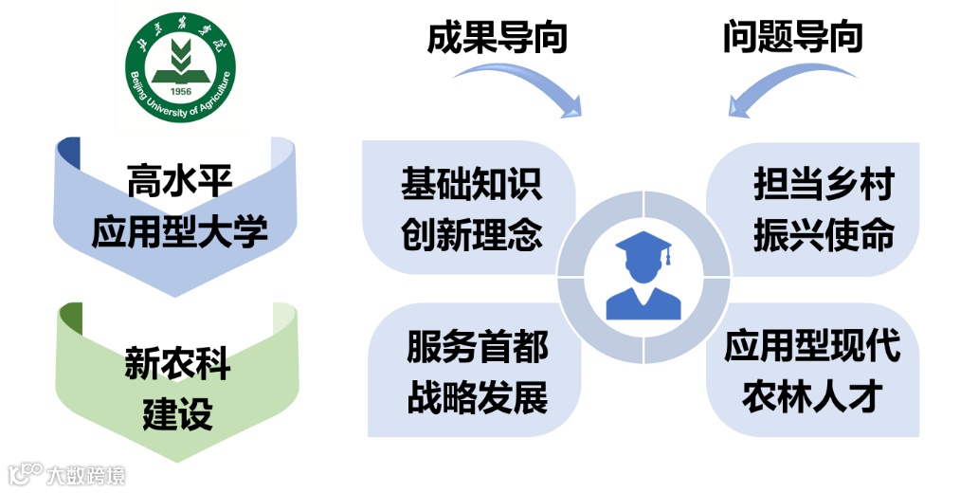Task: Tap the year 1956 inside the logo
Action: (x=181, y=92)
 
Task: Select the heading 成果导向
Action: (x=498, y=36)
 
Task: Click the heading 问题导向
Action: (x=792, y=36)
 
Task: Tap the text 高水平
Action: (x=178, y=175)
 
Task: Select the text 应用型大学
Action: (x=179, y=231)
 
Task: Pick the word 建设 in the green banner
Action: (x=177, y=414)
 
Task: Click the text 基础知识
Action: (x=471, y=183)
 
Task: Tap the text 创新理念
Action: (x=471, y=233)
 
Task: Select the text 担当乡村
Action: (x=823, y=183)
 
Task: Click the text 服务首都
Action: (x=477, y=347)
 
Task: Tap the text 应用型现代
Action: (x=812, y=347)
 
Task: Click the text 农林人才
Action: (x=812, y=397)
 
